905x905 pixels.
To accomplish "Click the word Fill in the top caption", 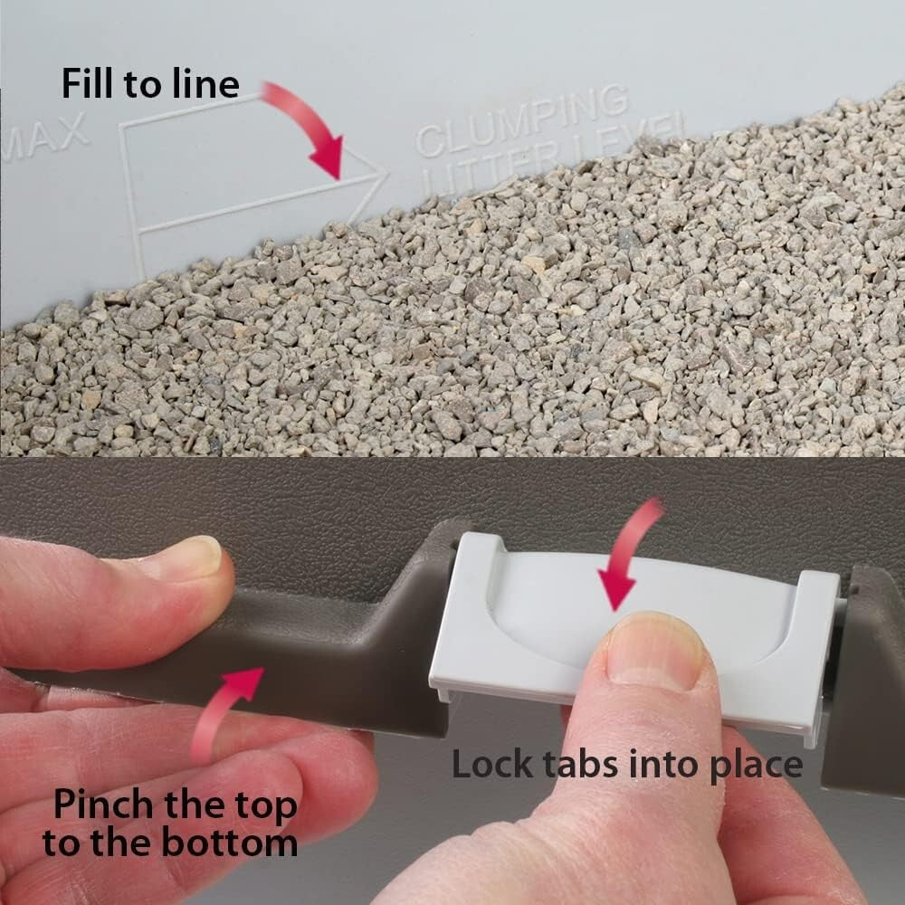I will (87, 83).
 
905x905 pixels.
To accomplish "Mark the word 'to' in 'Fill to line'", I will (148, 83).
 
